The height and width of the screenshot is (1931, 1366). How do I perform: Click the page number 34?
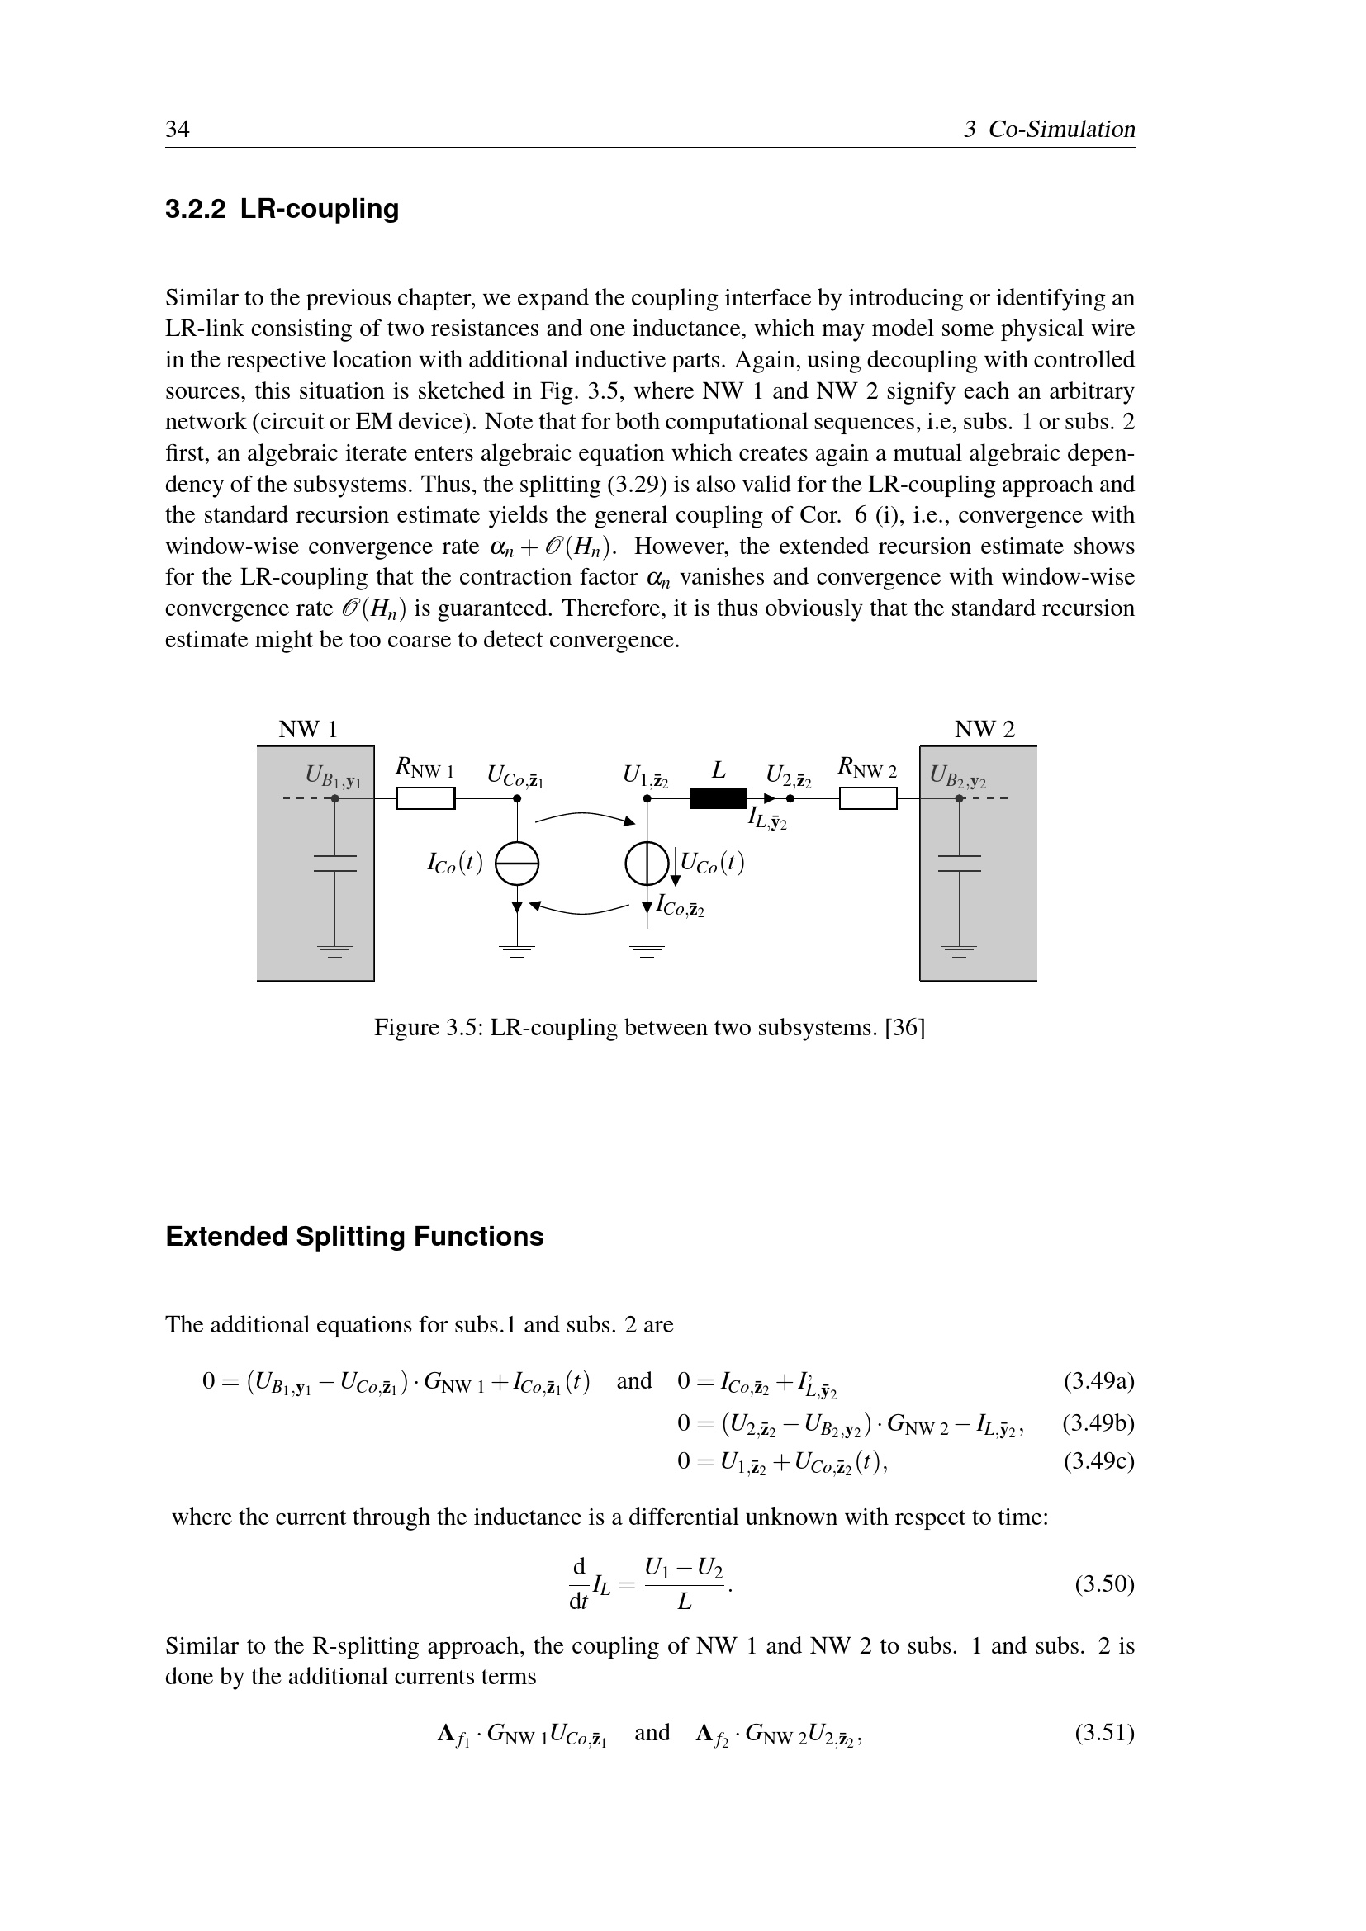point(178,129)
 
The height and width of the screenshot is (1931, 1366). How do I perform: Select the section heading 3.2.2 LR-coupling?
point(282,209)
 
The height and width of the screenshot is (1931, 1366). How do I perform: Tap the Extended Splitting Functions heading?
point(354,1237)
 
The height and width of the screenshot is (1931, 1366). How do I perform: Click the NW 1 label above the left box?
point(308,729)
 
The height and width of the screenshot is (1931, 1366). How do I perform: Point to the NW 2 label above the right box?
point(984,729)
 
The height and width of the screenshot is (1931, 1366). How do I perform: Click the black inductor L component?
point(719,797)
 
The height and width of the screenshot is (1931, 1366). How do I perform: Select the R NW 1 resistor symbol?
point(425,797)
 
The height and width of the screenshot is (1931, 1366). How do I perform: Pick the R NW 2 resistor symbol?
point(868,797)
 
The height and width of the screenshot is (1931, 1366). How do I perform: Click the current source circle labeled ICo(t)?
point(516,864)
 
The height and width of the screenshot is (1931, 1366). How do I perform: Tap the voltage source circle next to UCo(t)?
point(647,864)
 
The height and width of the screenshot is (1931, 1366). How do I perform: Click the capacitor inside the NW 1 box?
point(334,864)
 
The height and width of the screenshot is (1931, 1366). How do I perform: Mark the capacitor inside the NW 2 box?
point(959,864)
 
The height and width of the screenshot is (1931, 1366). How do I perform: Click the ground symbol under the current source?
point(516,952)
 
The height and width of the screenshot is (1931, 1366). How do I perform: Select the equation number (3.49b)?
point(1098,1423)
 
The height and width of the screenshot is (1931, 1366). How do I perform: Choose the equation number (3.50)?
point(1104,1584)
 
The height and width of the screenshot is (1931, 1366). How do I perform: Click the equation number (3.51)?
point(1104,1733)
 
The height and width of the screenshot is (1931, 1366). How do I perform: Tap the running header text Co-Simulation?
point(1060,129)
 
